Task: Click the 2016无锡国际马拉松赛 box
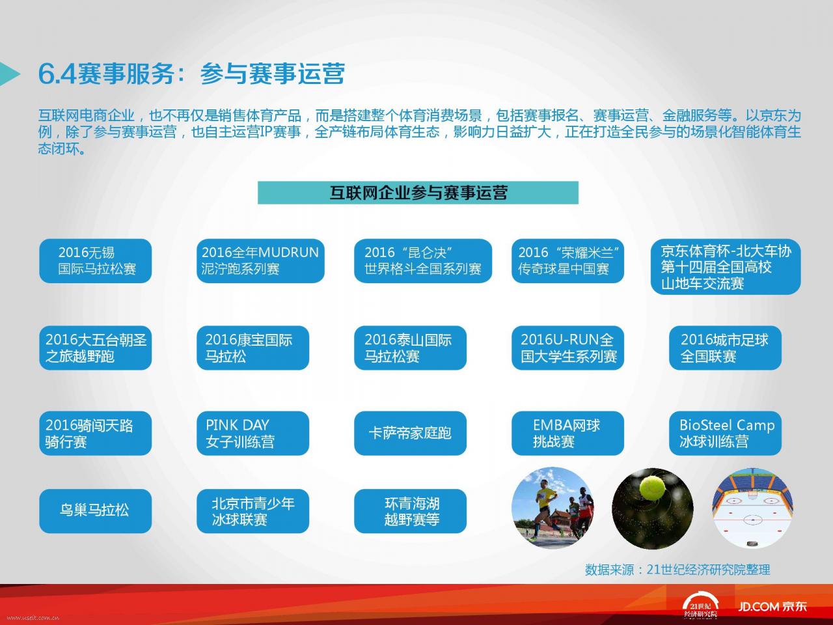click(95, 260)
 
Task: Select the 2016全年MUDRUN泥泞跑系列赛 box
click(260, 260)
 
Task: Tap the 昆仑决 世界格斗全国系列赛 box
click(423, 260)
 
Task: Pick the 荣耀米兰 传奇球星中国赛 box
click(567, 260)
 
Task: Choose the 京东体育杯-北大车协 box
click(726, 266)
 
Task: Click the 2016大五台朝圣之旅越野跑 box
click(95, 348)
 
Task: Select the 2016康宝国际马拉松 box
click(253, 348)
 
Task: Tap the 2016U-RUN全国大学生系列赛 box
click(567, 348)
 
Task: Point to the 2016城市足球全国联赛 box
click(725, 348)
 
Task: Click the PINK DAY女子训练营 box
click(253, 433)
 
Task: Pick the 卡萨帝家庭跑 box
click(410, 433)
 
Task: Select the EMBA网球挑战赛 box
click(567, 433)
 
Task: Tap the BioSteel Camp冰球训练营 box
click(725, 433)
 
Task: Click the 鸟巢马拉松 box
click(95, 511)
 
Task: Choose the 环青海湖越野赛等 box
click(410, 511)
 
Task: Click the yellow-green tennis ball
click(651, 488)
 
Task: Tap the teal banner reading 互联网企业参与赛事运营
click(418, 193)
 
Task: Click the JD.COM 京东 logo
click(772, 606)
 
